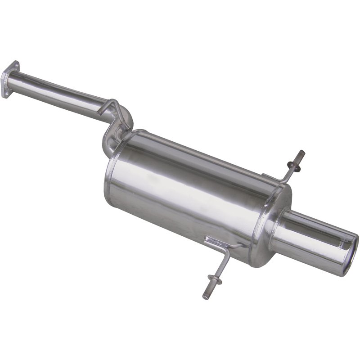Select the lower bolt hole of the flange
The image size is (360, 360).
[x=5, y=92]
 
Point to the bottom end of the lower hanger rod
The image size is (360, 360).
[x=206, y=297]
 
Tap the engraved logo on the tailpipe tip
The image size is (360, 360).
[x=341, y=243]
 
